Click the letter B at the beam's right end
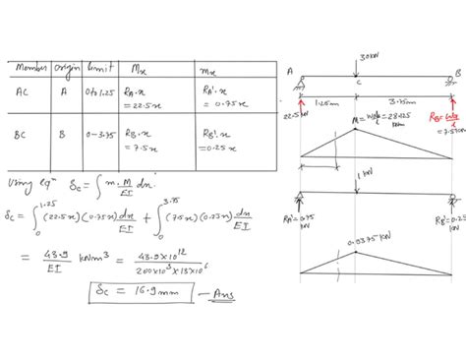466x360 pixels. point(459,72)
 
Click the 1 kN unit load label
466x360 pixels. point(368,174)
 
